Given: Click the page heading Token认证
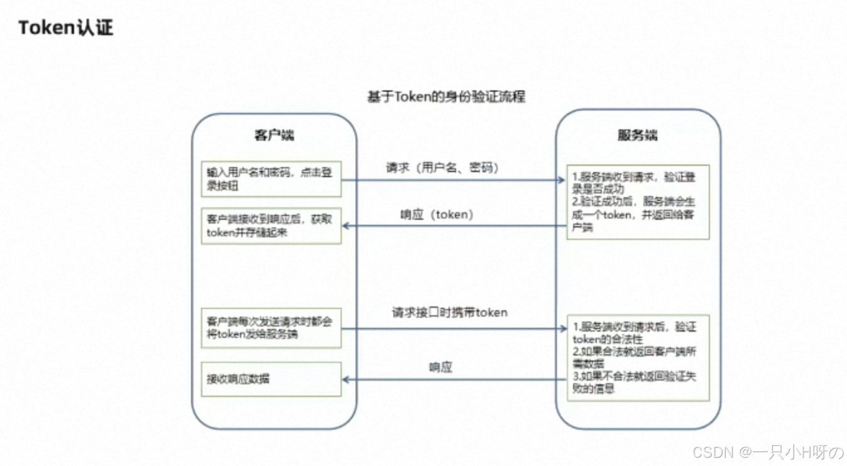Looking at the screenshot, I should pos(66,28).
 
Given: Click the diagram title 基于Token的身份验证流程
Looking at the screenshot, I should pos(445,97).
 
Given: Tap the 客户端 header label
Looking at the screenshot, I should pos(274,135).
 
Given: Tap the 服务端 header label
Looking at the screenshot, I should pos(638,135).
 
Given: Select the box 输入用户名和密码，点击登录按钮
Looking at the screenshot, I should pos(271,178).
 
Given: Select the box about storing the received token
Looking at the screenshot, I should pos(271,225).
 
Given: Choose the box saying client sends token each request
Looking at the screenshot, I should pos(271,328).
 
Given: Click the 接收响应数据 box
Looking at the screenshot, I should pos(271,379).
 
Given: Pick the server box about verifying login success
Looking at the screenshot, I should pos(638,202).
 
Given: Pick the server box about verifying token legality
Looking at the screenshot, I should pos(638,357).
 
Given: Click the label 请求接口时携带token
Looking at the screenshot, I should pos(449,312).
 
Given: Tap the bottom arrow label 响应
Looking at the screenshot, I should pos(440,367).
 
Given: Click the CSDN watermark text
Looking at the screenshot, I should pos(767,452).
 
